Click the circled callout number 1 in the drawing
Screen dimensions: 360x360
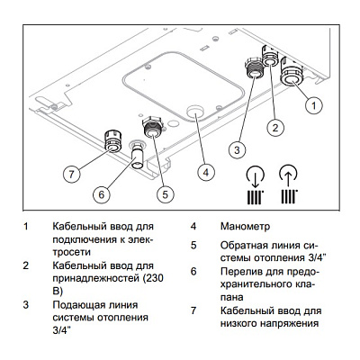pyautogui.click(x=313, y=105)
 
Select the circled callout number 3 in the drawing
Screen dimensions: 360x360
pyautogui.click(x=237, y=148)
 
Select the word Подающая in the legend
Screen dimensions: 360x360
pyautogui.click(x=83, y=305)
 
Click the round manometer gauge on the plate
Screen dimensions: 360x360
pyautogui.click(x=195, y=112)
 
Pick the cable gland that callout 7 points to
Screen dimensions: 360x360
pyautogui.click(x=113, y=139)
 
